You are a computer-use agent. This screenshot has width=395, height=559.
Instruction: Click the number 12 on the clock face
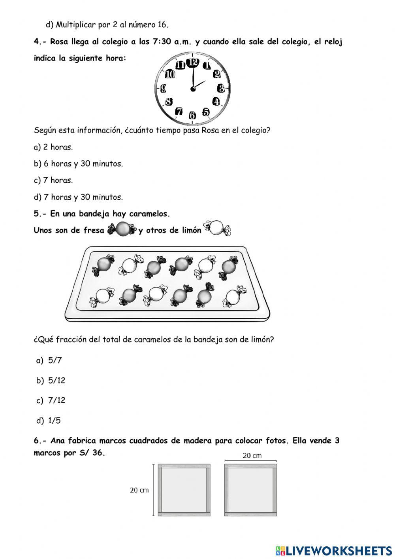tap(193, 62)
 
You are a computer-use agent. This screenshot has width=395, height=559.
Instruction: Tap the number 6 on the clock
tap(192, 116)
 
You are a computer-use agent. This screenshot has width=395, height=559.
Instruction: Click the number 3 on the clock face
tap(221, 88)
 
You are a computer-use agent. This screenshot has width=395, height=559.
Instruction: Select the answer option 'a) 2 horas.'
tap(53, 147)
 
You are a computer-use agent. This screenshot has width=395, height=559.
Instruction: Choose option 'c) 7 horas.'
tap(53, 180)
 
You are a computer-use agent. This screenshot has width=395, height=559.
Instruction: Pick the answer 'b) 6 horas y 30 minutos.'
tap(78, 164)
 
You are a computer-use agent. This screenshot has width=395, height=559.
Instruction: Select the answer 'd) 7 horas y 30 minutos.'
tap(78, 197)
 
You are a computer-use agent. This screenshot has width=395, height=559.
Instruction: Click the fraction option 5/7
tap(55, 360)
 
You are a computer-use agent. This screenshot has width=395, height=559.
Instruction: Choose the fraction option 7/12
tap(56, 400)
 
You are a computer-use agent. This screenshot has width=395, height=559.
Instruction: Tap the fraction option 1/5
tap(55, 421)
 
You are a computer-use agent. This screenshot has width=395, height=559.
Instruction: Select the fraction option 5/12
tap(56, 381)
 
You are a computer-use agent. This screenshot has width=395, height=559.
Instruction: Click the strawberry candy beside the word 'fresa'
tap(122, 229)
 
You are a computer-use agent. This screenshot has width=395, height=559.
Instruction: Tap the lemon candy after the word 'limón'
tap(217, 228)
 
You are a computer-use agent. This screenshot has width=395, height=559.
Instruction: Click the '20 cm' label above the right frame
tap(252, 455)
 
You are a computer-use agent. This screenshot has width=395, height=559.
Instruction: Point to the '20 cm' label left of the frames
tap(139, 490)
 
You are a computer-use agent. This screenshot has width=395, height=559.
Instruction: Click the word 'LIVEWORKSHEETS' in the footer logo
tap(339, 550)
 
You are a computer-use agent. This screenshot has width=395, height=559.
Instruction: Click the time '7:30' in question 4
tap(162, 42)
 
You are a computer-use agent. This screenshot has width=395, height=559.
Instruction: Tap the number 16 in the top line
tap(162, 25)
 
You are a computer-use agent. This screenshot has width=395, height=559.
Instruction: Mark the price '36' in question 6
tap(97, 453)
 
